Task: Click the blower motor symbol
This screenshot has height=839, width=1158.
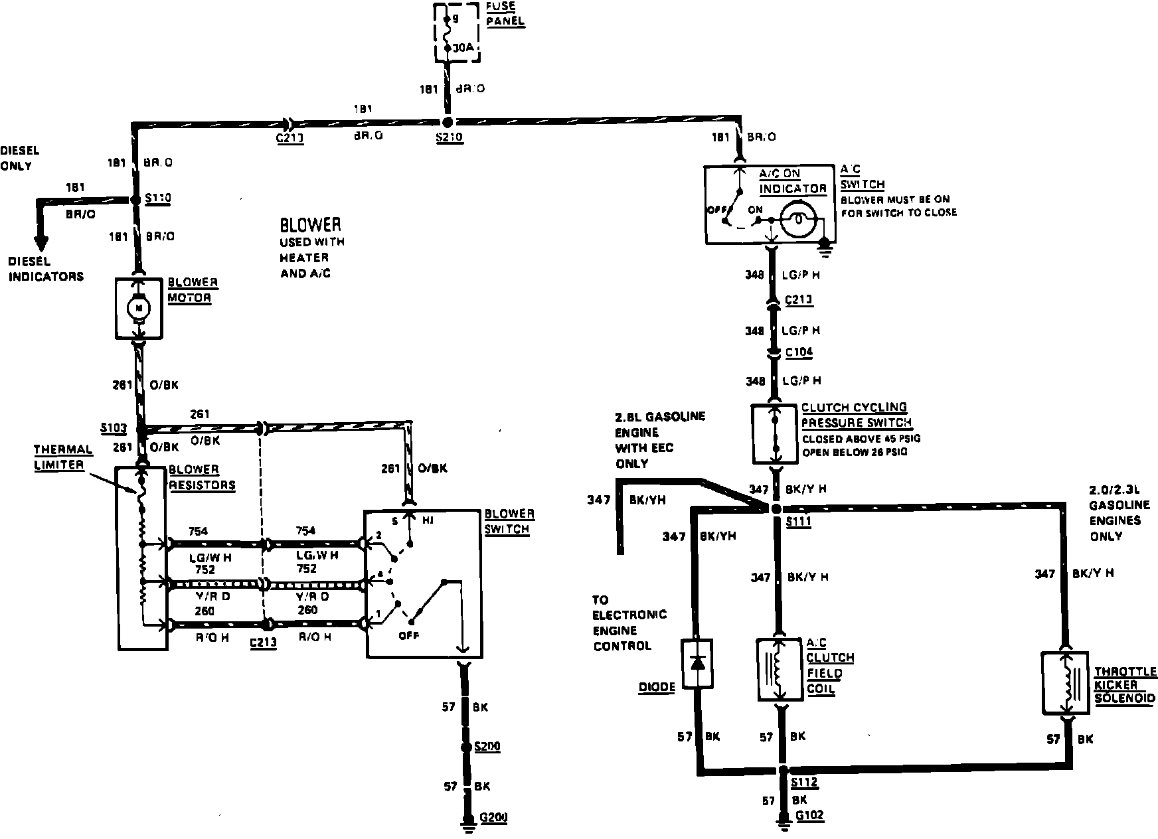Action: tap(139, 307)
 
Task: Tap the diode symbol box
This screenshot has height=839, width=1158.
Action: tap(697, 663)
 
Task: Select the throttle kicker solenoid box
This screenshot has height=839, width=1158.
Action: tap(1066, 683)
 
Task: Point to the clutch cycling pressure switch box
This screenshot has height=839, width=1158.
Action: tap(774, 433)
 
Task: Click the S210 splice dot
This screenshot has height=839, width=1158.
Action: tap(448, 122)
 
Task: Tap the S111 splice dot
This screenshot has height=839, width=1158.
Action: tap(776, 509)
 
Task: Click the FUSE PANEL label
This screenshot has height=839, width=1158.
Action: tap(505, 15)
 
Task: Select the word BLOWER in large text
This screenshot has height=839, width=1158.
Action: tap(310, 224)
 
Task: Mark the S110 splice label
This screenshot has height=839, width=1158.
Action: tap(158, 198)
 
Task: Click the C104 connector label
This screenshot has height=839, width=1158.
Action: tap(799, 352)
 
